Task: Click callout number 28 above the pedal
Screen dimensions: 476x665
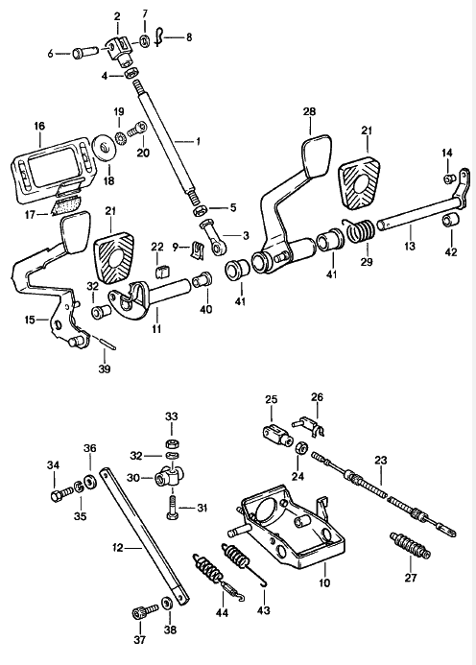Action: pyautogui.click(x=309, y=112)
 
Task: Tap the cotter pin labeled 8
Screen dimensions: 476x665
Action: pyautogui.click(x=158, y=36)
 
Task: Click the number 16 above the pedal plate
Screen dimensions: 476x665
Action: pyautogui.click(x=39, y=127)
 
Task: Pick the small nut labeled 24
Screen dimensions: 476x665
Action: pyautogui.click(x=301, y=448)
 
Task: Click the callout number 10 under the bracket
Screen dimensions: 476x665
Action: pyautogui.click(x=324, y=583)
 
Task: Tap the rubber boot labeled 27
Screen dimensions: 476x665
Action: pyautogui.click(x=410, y=545)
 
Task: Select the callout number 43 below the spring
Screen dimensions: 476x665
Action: pyautogui.click(x=264, y=610)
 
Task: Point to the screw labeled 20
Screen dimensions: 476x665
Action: pyautogui.click(x=138, y=128)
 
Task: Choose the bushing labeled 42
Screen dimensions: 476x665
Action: pyautogui.click(x=450, y=222)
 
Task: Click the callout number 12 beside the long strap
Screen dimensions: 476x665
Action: pyautogui.click(x=117, y=548)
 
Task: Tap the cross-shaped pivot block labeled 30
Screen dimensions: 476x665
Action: pyautogui.click(x=166, y=475)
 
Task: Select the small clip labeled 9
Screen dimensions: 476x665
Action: pyautogui.click(x=197, y=250)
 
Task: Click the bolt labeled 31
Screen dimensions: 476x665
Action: pyautogui.click(x=171, y=505)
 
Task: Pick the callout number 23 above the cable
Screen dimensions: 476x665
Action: pyautogui.click(x=381, y=460)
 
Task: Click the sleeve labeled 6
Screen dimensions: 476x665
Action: pyautogui.click(x=84, y=53)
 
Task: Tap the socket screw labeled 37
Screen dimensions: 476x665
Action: pyautogui.click(x=144, y=612)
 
